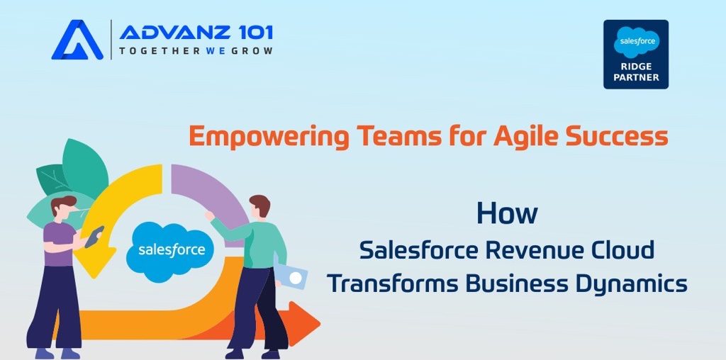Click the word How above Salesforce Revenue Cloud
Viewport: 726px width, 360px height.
(x=507, y=213)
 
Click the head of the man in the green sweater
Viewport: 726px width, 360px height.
(x=259, y=207)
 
